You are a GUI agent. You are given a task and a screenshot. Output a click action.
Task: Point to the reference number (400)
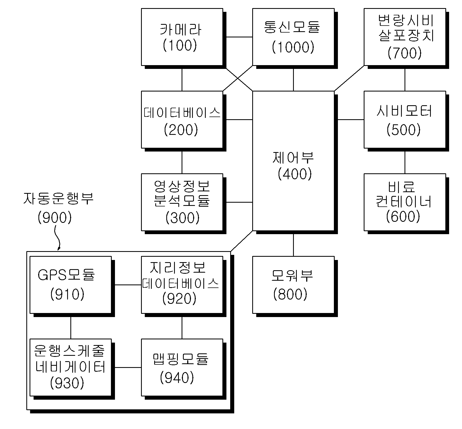click(295, 174)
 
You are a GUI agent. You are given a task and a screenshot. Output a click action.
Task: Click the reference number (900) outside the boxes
click(55, 217)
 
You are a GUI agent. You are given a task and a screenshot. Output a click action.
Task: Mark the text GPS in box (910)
click(53, 275)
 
